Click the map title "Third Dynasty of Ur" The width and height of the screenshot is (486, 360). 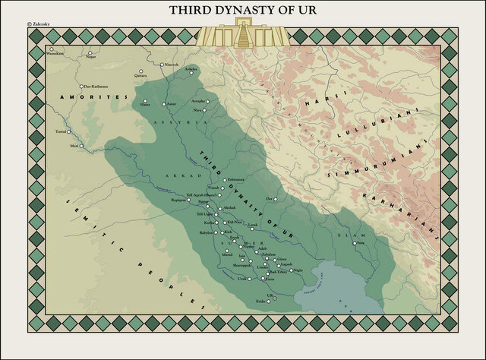click(242, 11)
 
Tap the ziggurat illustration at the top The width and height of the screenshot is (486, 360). click(243, 33)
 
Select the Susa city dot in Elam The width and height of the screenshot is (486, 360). click(353, 244)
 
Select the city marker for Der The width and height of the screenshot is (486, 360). click(277, 199)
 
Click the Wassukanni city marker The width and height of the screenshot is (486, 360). click(52, 49)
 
